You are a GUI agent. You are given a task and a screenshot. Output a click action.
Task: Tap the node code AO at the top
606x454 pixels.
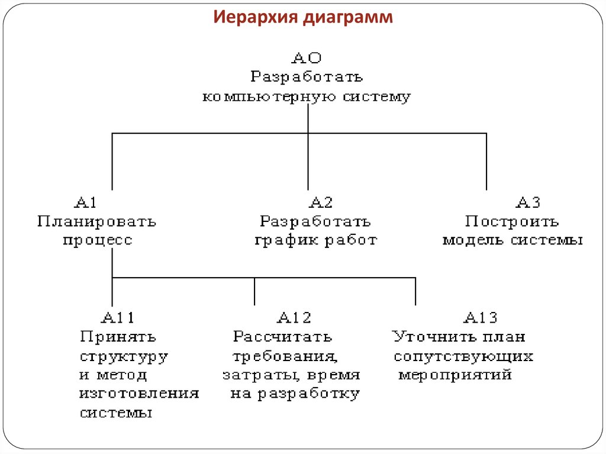(x=307, y=59)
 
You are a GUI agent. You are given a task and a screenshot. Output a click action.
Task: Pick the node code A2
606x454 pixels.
(x=321, y=202)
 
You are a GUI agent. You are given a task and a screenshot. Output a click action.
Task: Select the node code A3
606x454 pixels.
(x=528, y=202)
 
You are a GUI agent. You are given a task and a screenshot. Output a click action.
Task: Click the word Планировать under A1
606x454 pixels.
(x=96, y=221)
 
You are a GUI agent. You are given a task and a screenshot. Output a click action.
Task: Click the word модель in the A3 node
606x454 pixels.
(x=474, y=241)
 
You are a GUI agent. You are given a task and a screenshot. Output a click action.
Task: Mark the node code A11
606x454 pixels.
(x=118, y=318)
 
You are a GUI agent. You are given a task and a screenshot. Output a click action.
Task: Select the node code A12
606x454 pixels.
(x=294, y=318)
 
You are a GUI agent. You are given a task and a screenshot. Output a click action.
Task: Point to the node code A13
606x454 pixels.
(x=480, y=318)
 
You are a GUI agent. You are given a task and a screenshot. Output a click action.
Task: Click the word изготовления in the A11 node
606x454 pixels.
(x=139, y=394)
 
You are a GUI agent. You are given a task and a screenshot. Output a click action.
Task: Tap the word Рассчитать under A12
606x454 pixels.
(x=282, y=337)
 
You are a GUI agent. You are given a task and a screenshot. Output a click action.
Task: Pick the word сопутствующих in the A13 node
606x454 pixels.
(x=463, y=356)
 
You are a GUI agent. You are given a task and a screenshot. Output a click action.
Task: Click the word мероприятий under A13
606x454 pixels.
(x=454, y=375)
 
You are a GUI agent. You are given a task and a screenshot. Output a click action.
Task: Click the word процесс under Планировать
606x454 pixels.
(x=98, y=241)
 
